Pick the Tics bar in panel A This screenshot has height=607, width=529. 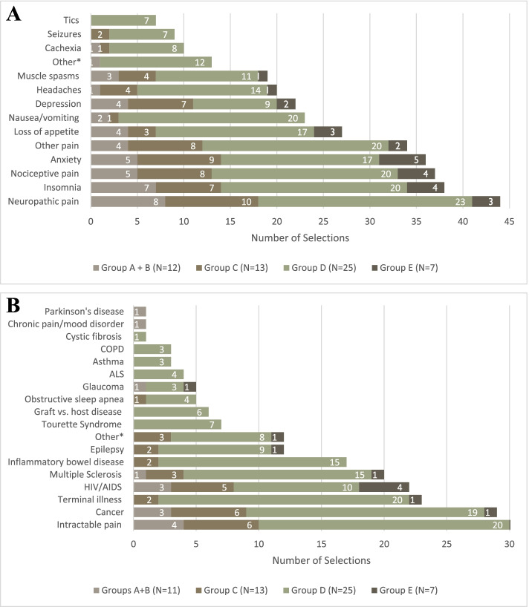(123, 20)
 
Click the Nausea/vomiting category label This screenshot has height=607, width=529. (47, 117)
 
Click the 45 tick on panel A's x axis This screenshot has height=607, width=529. (509, 220)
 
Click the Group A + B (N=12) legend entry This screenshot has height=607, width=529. (144, 266)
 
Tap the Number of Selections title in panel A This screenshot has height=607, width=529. (300, 238)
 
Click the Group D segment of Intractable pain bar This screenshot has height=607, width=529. (384, 525)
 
